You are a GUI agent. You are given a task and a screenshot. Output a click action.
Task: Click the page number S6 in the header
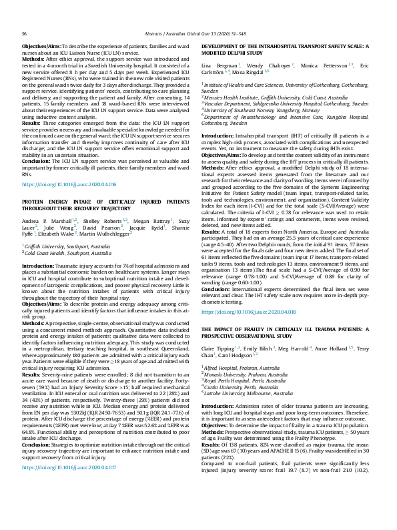tap(25, 13)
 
